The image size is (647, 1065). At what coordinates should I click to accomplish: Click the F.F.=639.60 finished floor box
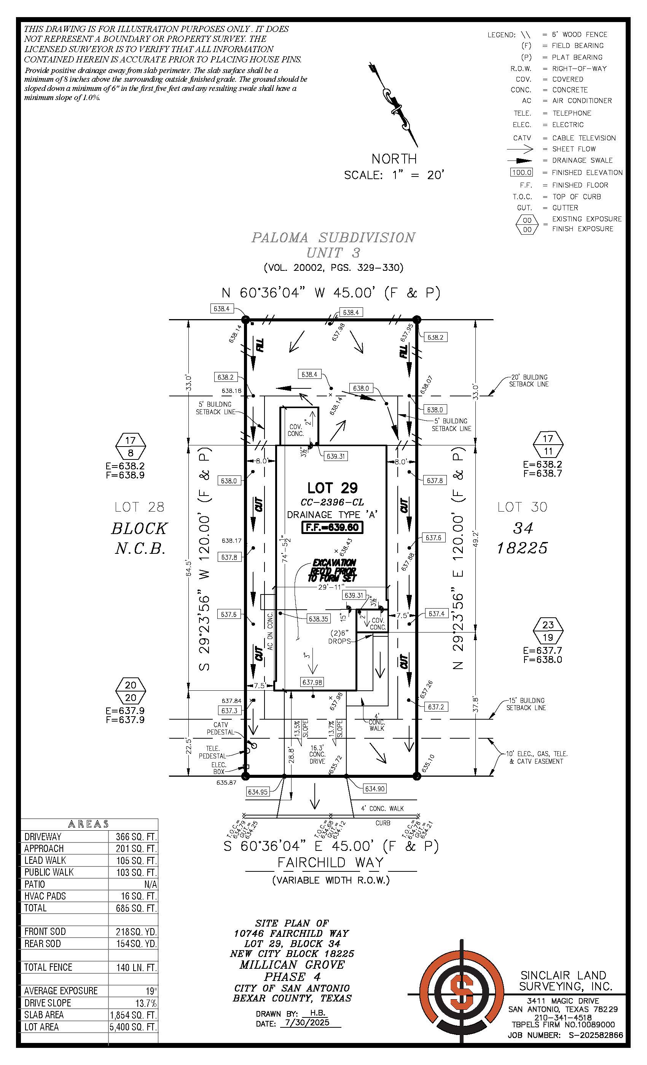click(x=332, y=527)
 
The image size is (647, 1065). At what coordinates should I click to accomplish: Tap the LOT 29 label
click(x=332, y=488)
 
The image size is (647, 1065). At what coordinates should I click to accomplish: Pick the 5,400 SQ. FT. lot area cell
click(x=133, y=1027)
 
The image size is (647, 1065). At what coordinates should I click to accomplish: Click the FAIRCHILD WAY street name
click(x=330, y=862)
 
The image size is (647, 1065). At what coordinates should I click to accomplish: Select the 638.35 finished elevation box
click(x=318, y=619)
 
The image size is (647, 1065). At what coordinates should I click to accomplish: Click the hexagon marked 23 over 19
click(x=548, y=631)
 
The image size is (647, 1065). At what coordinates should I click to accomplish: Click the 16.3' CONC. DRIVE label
click(x=317, y=754)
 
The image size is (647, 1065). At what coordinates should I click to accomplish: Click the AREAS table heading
click(x=89, y=824)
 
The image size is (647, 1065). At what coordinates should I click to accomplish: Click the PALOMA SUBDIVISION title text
click(x=333, y=238)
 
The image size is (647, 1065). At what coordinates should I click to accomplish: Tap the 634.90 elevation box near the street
click(x=374, y=789)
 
